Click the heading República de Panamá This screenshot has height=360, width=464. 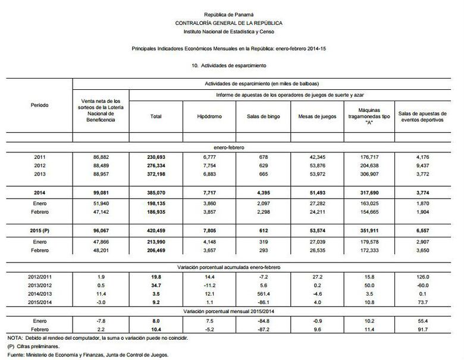(x=228, y=14)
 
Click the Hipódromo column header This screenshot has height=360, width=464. (x=210, y=117)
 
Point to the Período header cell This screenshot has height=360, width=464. (x=39, y=105)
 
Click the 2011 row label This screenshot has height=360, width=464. (x=39, y=156)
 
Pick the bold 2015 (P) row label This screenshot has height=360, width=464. (x=39, y=229)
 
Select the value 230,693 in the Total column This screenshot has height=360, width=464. (x=156, y=156)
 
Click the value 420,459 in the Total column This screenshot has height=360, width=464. (x=156, y=229)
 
